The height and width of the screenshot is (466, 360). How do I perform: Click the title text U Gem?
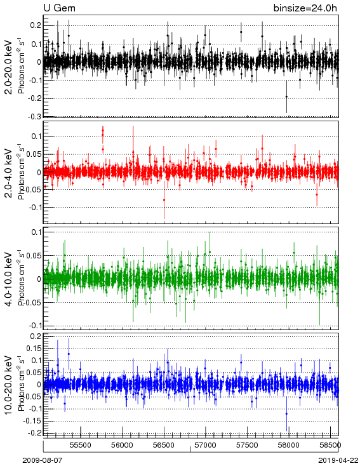[60, 8]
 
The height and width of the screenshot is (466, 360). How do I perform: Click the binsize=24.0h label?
[305, 8]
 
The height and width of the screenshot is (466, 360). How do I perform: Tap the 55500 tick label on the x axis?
[81, 445]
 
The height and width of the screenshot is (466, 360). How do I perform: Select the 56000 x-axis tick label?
[122, 445]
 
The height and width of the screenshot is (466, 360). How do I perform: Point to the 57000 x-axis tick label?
[206, 445]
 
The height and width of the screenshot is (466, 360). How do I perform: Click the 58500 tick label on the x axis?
[330, 445]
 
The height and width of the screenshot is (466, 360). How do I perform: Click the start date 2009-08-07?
[43, 460]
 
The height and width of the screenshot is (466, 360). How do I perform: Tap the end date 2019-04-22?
[338, 460]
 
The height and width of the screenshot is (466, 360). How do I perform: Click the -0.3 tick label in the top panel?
[35, 117]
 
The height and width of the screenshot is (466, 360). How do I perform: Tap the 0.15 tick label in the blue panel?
[34, 349]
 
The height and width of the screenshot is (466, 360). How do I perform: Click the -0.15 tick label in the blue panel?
[32, 421]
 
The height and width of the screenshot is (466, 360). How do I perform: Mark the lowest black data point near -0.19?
[286, 97]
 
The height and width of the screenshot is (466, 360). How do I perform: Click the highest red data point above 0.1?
[103, 130]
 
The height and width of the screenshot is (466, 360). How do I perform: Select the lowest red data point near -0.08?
[164, 200]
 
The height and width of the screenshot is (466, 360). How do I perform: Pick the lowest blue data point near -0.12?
[286, 414]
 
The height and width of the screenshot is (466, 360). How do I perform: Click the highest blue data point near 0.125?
[69, 354]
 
